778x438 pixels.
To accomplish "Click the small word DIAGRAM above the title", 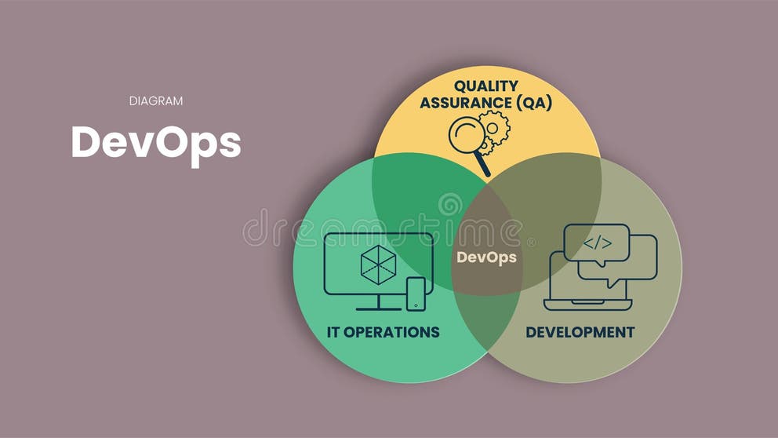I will (x=155, y=100).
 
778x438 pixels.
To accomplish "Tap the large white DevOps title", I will (x=155, y=142).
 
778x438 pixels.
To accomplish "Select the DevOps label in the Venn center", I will (x=486, y=257).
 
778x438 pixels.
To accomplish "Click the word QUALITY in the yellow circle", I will (x=486, y=86).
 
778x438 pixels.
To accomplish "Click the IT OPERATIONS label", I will (x=383, y=332).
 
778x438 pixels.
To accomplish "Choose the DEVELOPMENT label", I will (x=580, y=332).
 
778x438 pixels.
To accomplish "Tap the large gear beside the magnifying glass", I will (x=494, y=126).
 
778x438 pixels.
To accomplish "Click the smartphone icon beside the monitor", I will (x=416, y=294).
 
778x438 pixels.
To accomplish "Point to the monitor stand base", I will (x=378, y=308).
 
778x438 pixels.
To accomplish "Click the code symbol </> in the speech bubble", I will (x=597, y=243).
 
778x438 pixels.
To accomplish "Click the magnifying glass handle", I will (x=482, y=166).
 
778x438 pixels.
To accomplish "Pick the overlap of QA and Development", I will (x=549, y=188).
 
